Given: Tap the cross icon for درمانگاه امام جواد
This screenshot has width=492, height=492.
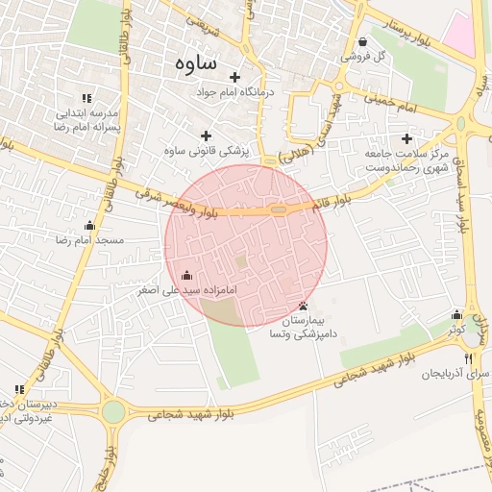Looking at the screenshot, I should [x=234, y=77].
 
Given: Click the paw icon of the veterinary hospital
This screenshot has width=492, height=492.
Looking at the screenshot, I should [x=305, y=307].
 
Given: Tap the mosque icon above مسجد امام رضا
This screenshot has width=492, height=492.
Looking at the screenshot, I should [x=90, y=226].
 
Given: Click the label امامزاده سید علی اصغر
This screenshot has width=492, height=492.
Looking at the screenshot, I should [x=186, y=288].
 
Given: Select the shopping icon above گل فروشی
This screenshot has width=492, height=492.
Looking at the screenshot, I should [x=362, y=41].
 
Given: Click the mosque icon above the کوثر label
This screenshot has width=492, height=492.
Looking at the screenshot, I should [x=456, y=314].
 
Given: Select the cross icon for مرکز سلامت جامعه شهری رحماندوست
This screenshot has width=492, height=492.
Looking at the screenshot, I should [x=407, y=138].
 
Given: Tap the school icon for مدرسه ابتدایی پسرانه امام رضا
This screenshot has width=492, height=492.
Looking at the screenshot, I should [x=86, y=98].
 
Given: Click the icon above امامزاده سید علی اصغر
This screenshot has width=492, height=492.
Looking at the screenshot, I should [x=186, y=275].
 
